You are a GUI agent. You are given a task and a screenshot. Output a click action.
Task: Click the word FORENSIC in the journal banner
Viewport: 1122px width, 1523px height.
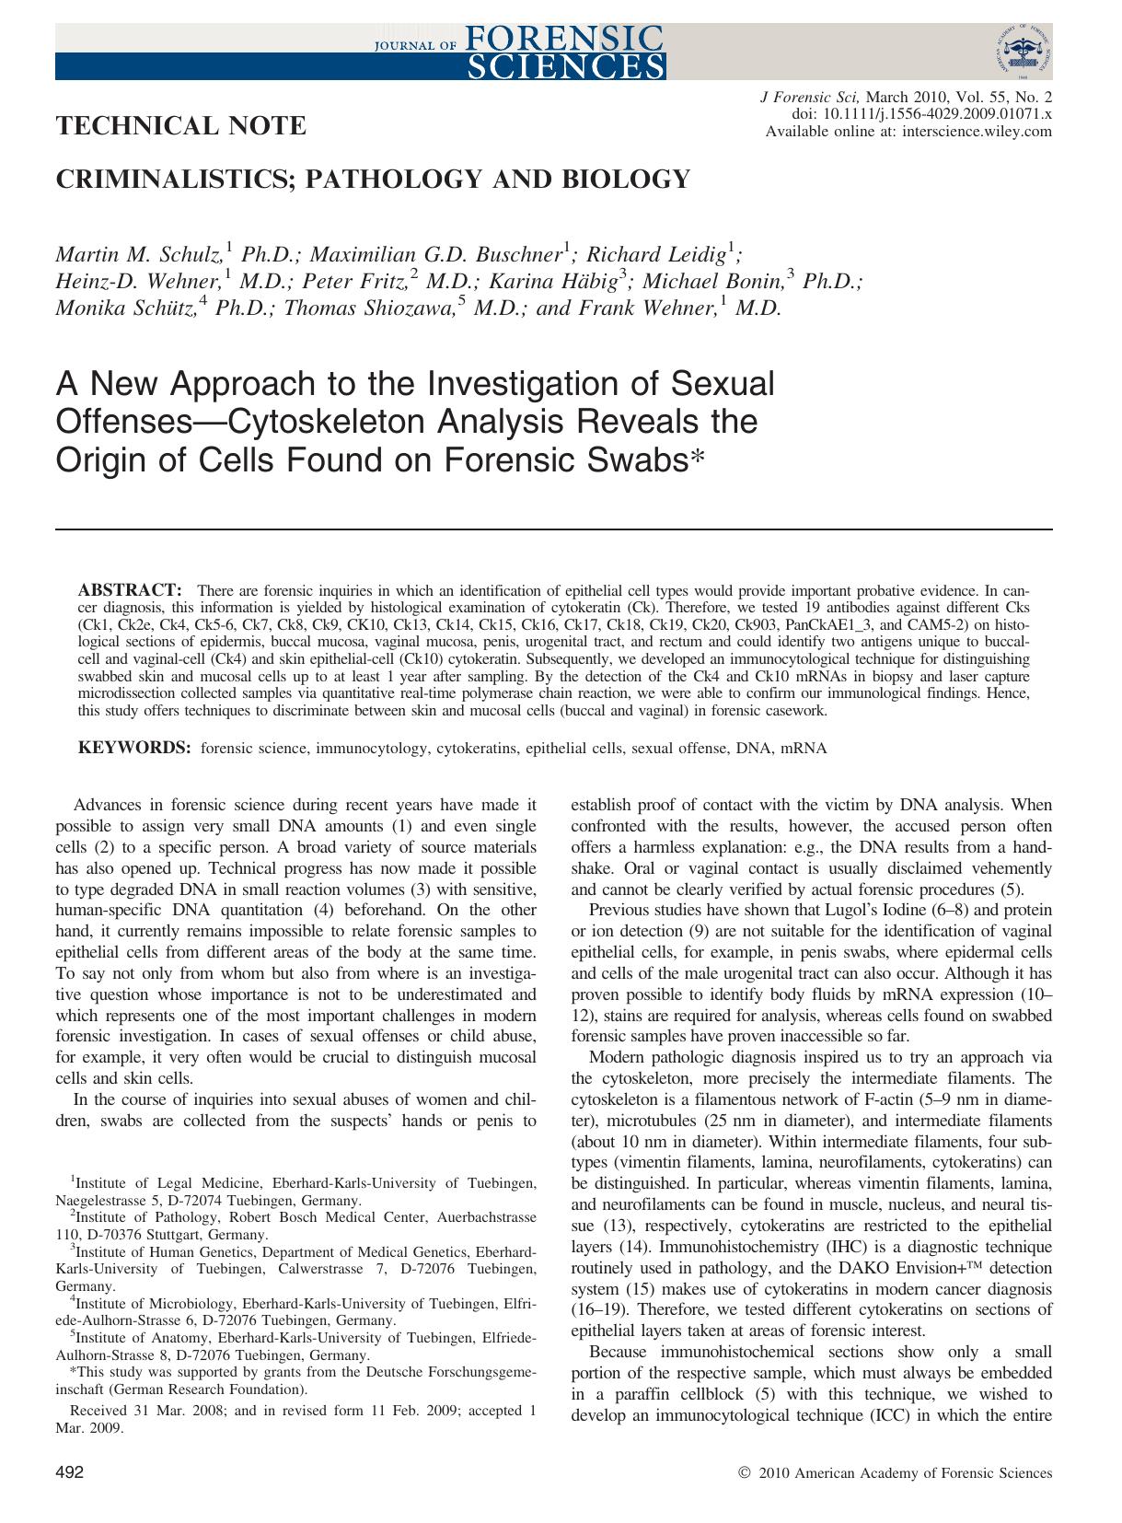click(x=565, y=36)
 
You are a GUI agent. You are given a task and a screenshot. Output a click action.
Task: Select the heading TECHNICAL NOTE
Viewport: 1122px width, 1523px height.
click(x=181, y=125)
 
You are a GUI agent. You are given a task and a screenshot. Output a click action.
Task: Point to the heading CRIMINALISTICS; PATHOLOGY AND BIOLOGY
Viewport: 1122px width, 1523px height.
click(x=373, y=179)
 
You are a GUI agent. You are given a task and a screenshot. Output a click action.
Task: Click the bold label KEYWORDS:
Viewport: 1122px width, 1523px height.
click(x=134, y=748)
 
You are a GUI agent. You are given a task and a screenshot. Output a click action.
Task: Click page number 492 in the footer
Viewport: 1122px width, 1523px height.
click(x=70, y=1472)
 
